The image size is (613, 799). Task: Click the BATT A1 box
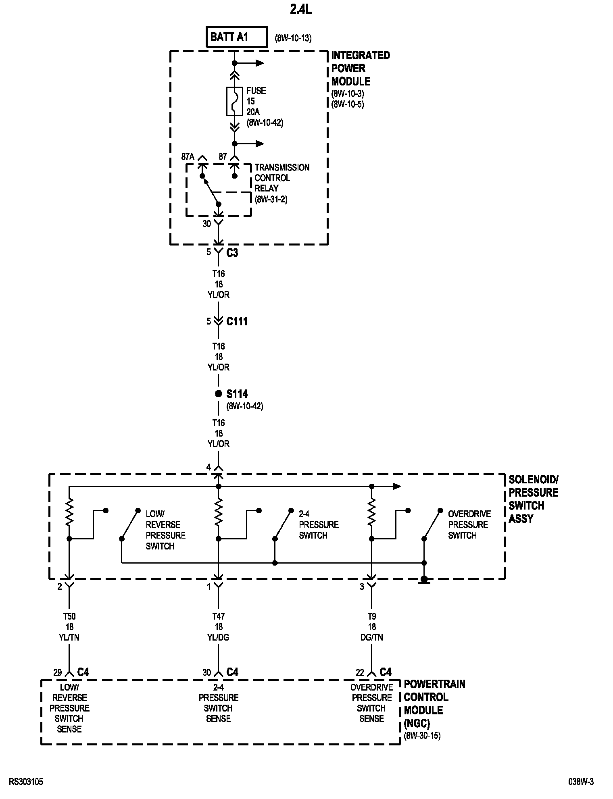pos(237,37)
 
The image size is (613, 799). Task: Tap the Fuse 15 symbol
pos(234,101)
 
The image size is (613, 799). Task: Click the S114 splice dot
pos(218,394)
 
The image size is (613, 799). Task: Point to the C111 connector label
pos(237,321)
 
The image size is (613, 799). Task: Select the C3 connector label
pos(232,252)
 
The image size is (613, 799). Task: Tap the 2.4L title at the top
pos(301,10)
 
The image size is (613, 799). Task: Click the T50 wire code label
pos(69,616)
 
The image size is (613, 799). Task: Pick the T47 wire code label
pos(219,616)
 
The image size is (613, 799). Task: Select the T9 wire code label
pos(372,616)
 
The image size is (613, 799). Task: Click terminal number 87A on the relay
pos(188,156)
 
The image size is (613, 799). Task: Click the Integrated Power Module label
pos(361,68)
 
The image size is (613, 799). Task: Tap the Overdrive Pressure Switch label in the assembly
pos(469,524)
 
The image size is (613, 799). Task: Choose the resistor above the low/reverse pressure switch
pos(69,512)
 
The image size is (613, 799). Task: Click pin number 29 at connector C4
pos(58,672)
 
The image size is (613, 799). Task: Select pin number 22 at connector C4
pos(360,672)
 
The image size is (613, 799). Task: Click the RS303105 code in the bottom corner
pos(26,782)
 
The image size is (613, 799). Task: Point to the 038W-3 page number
pos(581,782)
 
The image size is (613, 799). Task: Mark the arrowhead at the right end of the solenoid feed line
pos(397,486)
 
